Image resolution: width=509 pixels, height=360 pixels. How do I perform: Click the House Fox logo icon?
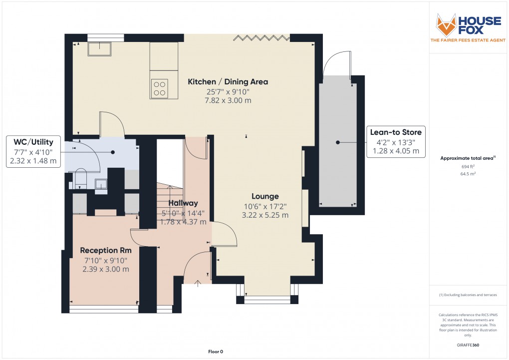(446, 25)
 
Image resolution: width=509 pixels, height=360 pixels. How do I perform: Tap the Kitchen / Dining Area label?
(228, 82)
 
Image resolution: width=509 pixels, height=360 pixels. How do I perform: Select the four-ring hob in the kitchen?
(160, 88)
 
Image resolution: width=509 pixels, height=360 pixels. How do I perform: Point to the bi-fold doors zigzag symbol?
(261, 37)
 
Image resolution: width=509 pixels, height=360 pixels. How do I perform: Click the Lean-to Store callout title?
(396, 132)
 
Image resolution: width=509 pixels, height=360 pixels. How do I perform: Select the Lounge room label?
(265, 196)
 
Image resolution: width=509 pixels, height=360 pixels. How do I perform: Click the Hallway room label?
(183, 203)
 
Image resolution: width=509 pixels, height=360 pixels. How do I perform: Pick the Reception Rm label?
(106, 250)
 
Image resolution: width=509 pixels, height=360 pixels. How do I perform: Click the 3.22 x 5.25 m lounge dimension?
(265, 215)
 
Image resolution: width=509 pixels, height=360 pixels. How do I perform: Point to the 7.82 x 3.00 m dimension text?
(228, 100)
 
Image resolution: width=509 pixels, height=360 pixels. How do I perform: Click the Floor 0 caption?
(216, 352)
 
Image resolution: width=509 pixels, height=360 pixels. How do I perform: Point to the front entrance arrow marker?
(198, 283)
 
